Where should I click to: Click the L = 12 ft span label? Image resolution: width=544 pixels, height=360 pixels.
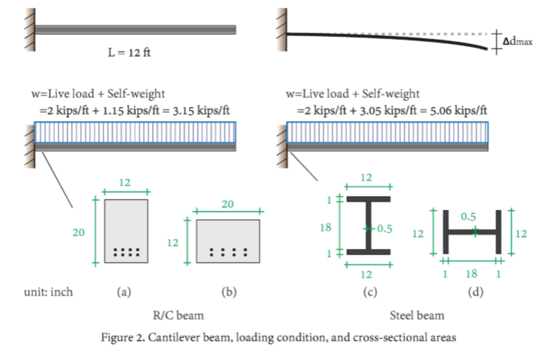(x=129, y=53)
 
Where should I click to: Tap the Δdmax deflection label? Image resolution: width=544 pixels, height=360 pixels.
(x=518, y=41)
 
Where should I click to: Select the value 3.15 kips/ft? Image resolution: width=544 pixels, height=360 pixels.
(x=201, y=111)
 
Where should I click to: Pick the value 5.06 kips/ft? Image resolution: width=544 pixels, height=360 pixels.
(x=458, y=111)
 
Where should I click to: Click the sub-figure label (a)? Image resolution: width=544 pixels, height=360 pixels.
(x=124, y=292)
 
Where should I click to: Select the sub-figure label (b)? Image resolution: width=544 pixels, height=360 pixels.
(x=229, y=292)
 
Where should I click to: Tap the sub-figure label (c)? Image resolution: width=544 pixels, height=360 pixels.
(x=370, y=292)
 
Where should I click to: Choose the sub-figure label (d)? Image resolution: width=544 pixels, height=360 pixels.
(x=475, y=292)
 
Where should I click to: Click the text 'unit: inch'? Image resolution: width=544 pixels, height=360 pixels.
(x=49, y=292)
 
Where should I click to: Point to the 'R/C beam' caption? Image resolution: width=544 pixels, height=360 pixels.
(x=178, y=316)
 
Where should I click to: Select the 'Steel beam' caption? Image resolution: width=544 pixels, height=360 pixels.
(x=417, y=316)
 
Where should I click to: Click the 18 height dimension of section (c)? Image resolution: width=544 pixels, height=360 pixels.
(x=326, y=228)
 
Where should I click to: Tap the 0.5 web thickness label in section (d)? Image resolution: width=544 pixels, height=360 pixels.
(x=468, y=217)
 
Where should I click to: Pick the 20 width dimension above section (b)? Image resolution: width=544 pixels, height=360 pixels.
(x=228, y=204)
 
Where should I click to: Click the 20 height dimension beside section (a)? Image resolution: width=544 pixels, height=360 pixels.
(x=78, y=233)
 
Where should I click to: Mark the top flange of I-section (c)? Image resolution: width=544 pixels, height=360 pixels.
(x=368, y=199)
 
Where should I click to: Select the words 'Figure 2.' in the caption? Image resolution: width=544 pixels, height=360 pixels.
(x=123, y=338)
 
